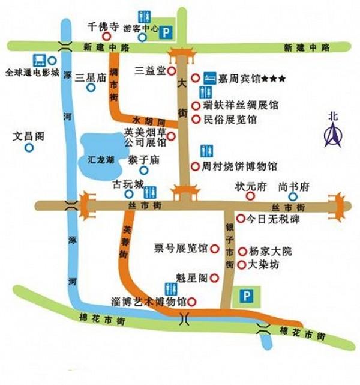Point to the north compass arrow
[332, 133]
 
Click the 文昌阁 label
[29, 136]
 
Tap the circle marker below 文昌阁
[29, 149]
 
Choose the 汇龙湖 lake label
[96, 161]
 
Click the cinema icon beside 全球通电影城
[40, 60]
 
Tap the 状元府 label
[250, 187]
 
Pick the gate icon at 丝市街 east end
[339, 205]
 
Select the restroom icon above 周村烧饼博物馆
[205, 150]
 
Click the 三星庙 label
[91, 77]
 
